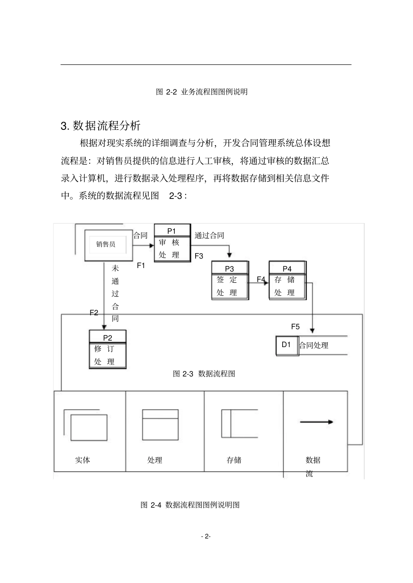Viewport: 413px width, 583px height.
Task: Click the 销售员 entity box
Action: click(108, 245)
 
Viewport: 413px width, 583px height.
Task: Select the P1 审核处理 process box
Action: click(173, 243)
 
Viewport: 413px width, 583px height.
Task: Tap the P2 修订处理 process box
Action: click(107, 349)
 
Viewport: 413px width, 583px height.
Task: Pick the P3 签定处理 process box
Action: click(230, 281)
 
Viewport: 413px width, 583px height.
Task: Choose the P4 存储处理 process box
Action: click(287, 281)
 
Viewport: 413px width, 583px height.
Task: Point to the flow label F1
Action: click(141, 265)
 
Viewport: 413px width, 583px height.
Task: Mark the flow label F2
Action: click(94, 312)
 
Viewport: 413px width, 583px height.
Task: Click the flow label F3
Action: click(199, 256)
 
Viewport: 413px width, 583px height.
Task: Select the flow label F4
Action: click(261, 279)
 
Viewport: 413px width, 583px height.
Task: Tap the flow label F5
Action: click(295, 327)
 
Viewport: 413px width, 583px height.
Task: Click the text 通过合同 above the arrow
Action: click(210, 235)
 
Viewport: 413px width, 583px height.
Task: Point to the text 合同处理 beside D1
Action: click(313, 345)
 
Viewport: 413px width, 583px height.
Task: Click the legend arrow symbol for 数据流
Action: click(316, 422)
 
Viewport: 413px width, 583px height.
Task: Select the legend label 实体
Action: click(83, 460)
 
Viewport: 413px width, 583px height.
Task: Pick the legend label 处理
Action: click(154, 460)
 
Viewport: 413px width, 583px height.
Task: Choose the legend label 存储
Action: click(234, 460)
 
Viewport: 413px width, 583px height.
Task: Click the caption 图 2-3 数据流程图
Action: click(204, 374)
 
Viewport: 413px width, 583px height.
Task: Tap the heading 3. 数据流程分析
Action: click(100, 126)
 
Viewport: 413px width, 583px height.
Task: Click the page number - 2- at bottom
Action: click(206, 537)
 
